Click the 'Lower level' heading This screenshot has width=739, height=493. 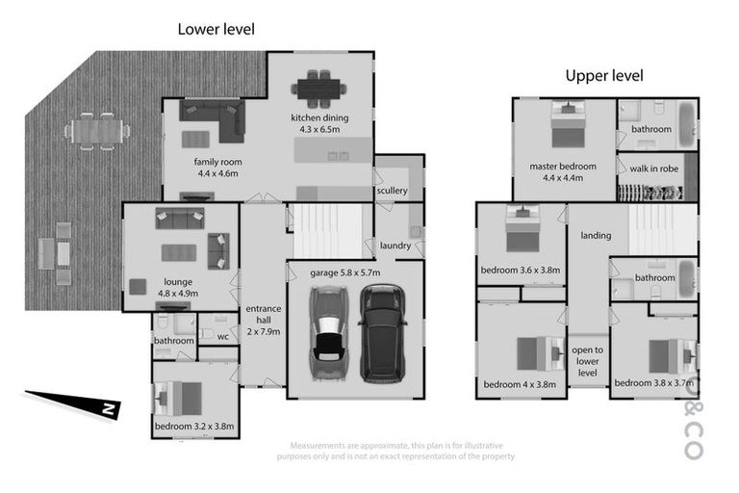coord(216,29)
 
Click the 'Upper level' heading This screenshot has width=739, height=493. coord(603,76)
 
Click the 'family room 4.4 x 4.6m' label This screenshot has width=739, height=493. coord(216,168)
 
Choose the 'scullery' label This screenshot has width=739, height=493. coord(393,191)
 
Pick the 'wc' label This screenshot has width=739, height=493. coord(222,336)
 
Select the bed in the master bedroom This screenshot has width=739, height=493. coord(564,124)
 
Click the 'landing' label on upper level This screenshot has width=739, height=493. coord(596,235)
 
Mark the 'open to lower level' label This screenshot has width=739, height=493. coord(587,360)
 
